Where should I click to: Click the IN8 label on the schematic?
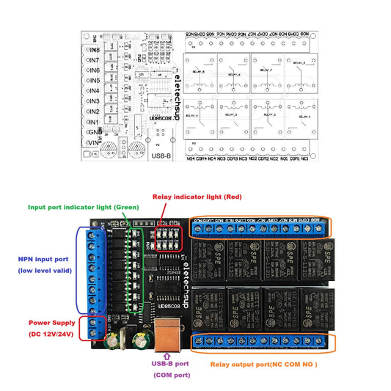(x=94, y=50)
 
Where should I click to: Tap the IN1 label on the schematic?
(x=94, y=122)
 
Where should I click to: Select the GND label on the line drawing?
(x=95, y=132)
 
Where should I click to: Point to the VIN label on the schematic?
(x=94, y=142)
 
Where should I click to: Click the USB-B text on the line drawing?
(x=162, y=156)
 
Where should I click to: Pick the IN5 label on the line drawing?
(x=94, y=81)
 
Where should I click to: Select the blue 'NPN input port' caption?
(x=43, y=259)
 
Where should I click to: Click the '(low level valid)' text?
(x=44, y=271)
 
